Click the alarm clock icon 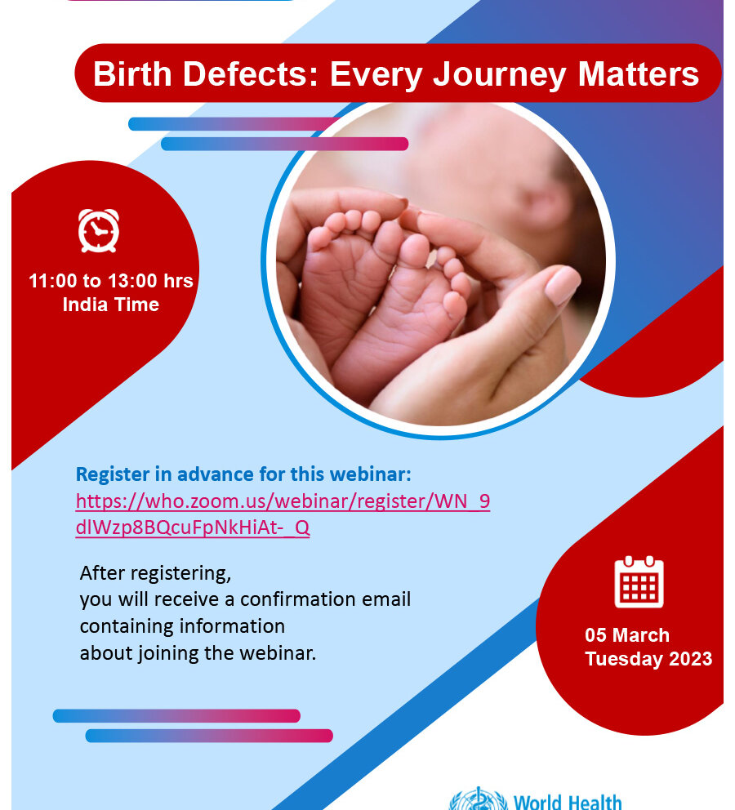pos(99,230)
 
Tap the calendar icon pos(639,581)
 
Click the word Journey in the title pos(500,74)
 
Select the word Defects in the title pos(250,73)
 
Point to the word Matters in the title pos(639,73)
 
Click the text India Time pos(110,305)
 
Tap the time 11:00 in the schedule pos(52,281)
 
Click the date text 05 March pos(627,635)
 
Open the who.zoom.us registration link pos(283,514)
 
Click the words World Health pos(567,802)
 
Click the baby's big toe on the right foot pos(414,251)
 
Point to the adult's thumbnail pos(562,284)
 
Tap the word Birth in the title pos(132,73)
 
